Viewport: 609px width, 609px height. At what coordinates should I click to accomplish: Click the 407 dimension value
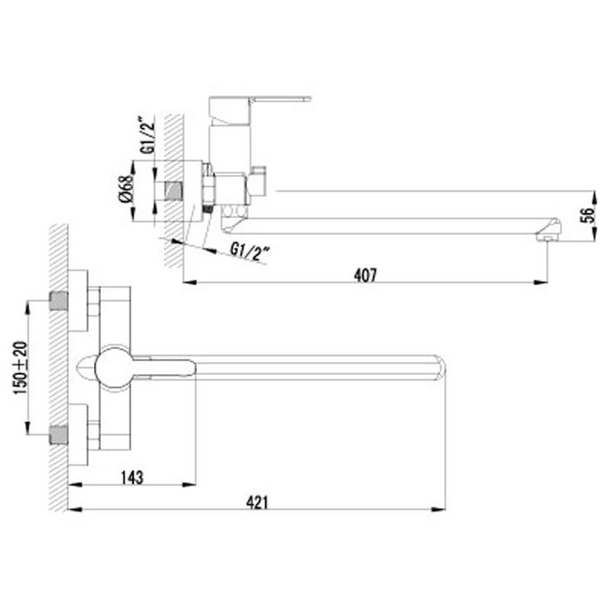(366, 275)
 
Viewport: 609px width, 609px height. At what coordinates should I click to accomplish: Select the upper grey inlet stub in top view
(59, 302)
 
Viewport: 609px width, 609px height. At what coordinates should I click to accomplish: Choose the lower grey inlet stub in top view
(59, 431)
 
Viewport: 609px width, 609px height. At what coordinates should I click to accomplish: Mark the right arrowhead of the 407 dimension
(544, 282)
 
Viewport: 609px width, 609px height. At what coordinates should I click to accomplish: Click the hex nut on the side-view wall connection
(209, 187)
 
